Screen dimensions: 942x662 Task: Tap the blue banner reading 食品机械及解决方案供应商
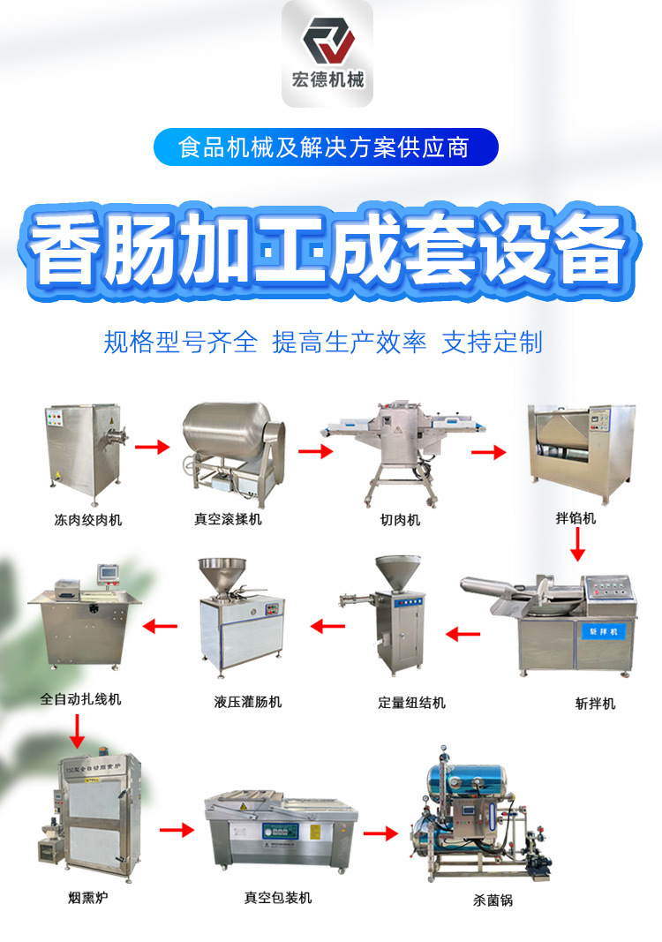[326, 147]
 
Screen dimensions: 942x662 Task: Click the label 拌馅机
[575, 518]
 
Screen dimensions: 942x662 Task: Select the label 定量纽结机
[412, 703]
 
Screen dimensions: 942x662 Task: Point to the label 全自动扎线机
[81, 699]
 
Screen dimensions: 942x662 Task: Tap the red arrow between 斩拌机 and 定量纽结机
[463, 633]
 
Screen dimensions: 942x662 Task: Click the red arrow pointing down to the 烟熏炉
[77, 731]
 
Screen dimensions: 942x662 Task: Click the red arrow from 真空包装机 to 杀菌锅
[380, 833]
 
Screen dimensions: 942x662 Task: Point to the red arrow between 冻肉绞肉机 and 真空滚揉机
[151, 447]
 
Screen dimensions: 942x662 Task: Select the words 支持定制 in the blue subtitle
[492, 343]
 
